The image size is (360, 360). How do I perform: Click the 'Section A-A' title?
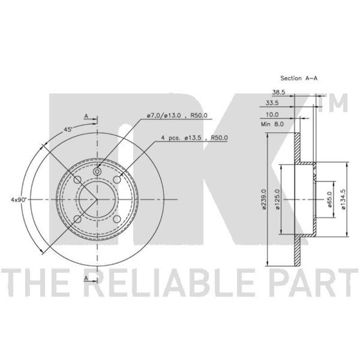[299, 78]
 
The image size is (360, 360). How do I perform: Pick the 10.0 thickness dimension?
[272, 114]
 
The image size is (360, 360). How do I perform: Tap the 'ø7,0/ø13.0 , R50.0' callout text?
[177, 116]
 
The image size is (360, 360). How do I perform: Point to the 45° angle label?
[68, 129]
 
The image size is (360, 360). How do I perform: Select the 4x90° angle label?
[19, 198]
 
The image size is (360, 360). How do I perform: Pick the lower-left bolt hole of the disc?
[77, 219]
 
